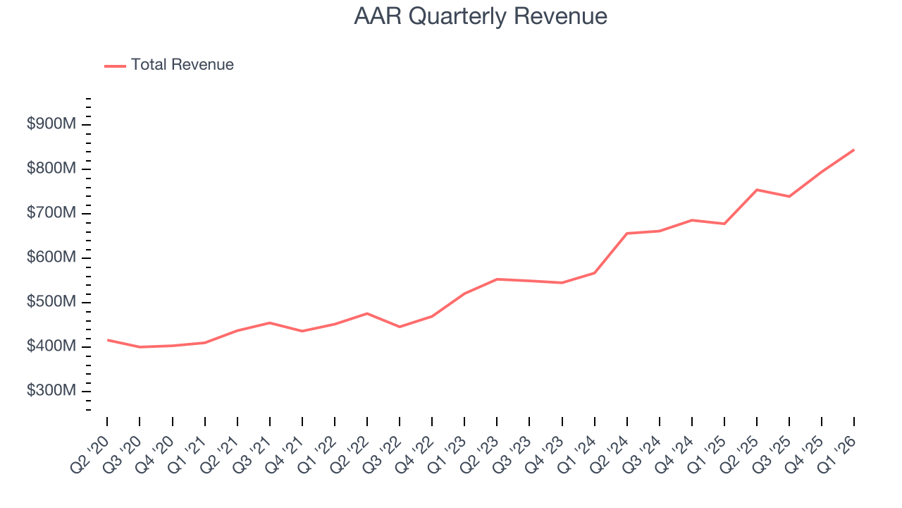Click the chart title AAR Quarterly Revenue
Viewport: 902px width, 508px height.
click(x=481, y=16)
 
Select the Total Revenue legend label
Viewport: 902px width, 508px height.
click(x=182, y=65)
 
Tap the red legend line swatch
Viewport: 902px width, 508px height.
click(x=115, y=66)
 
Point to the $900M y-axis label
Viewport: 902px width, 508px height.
click(x=51, y=125)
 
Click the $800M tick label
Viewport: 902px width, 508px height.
click(x=51, y=169)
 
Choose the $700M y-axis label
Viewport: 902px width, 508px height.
click(x=51, y=214)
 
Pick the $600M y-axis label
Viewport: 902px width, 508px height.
click(x=51, y=258)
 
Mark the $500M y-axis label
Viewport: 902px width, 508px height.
click(x=51, y=303)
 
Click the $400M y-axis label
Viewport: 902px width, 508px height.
click(x=51, y=347)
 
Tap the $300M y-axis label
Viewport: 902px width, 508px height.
click(x=51, y=392)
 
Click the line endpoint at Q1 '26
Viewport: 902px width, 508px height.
click(x=854, y=150)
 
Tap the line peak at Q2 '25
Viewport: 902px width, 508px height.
click(x=757, y=190)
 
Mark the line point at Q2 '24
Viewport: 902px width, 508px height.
click(x=626, y=234)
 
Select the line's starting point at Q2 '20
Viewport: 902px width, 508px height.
click(x=107, y=340)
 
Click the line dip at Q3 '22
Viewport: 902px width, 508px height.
click(x=400, y=327)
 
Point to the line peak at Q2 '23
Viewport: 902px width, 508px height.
click(x=497, y=279)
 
